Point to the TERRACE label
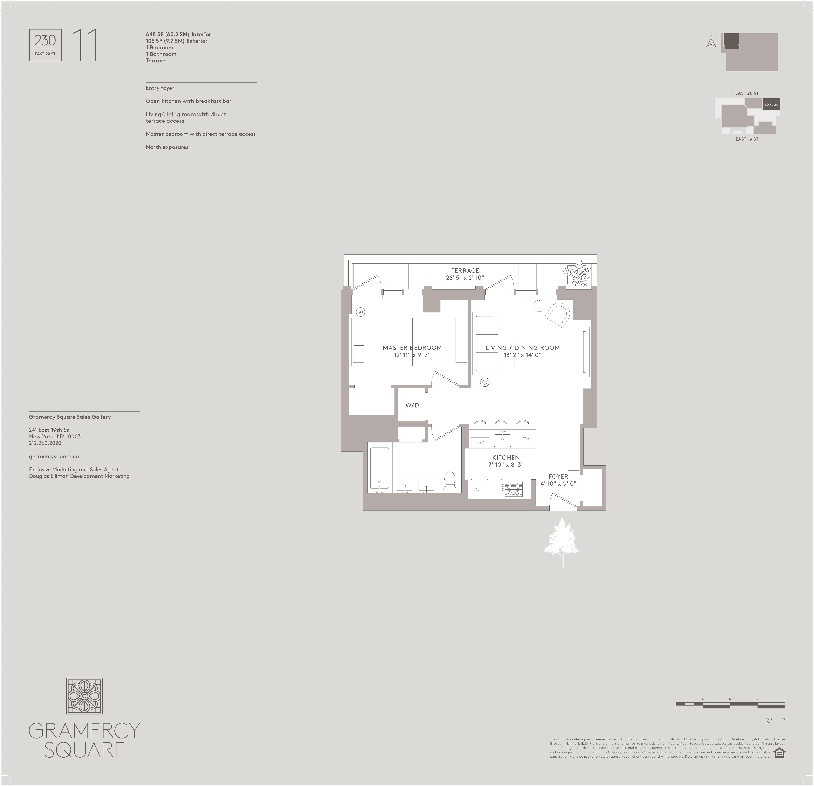[x=465, y=271]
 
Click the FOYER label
[x=558, y=476]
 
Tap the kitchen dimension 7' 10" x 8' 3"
[x=506, y=465]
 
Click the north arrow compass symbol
[x=711, y=43]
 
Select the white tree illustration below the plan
[x=561, y=541]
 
